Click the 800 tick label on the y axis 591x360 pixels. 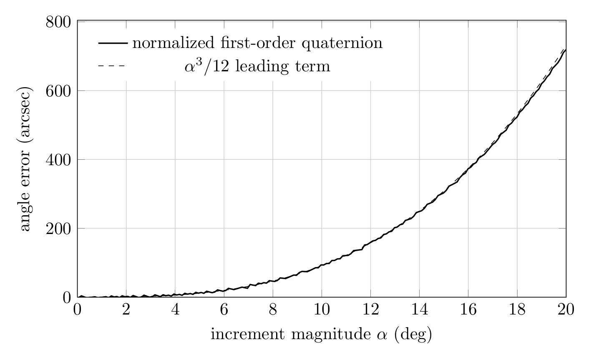[58, 23]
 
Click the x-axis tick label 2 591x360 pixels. [126, 310]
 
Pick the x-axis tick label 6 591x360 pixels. [224, 310]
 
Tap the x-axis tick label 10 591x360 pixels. [322, 310]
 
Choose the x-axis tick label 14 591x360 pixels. [420, 310]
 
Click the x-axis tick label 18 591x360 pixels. [517, 310]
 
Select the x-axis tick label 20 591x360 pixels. [566, 310]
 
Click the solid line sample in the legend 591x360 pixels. [113, 43]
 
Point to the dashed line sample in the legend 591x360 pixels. [111, 65]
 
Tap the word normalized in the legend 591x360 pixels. [174, 43]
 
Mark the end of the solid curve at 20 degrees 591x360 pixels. [566, 50]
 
